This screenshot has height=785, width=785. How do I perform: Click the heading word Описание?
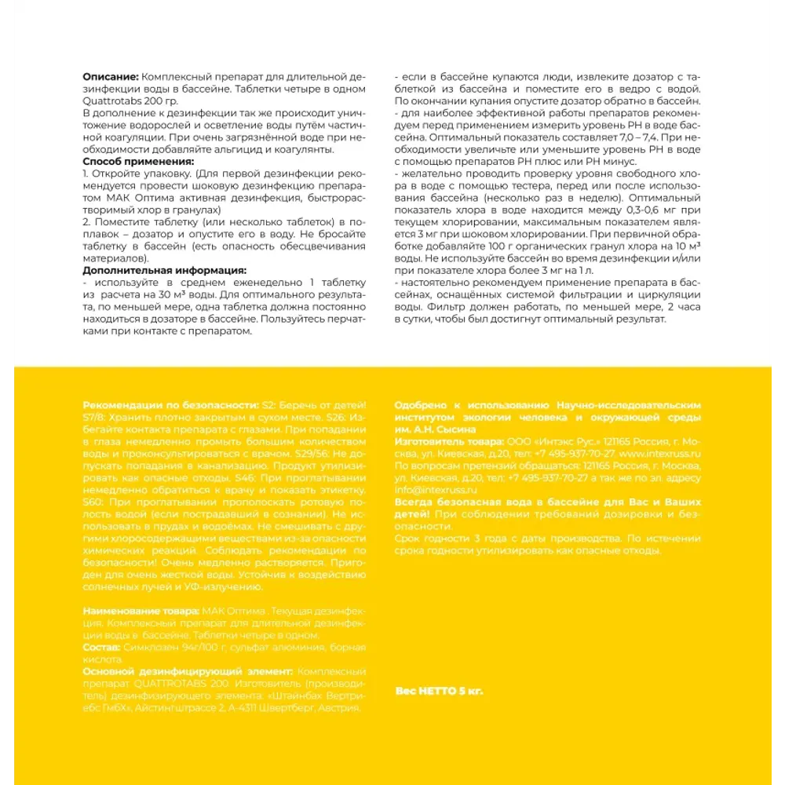click(x=111, y=77)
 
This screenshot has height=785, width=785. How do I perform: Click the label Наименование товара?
click(x=141, y=610)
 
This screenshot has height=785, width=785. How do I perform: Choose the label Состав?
click(x=101, y=647)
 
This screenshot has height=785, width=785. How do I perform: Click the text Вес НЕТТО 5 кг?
click(x=440, y=691)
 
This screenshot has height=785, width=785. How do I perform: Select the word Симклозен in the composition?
click(x=149, y=647)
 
